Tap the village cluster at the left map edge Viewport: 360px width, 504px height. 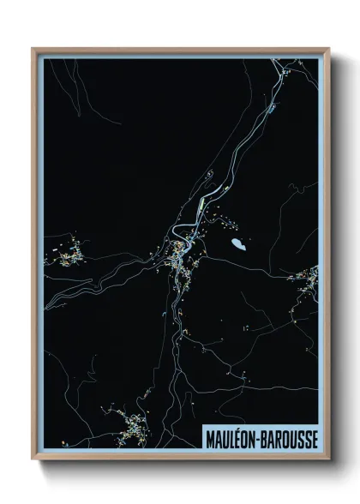65,254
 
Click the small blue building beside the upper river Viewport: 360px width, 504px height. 271,109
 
